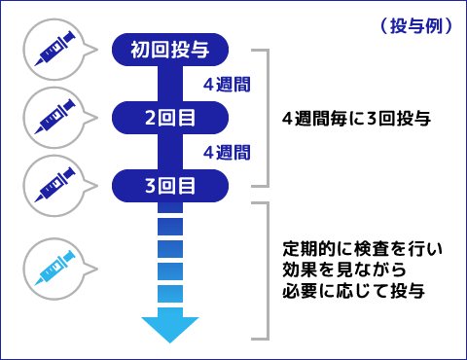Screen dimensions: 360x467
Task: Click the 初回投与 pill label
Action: click(171, 49)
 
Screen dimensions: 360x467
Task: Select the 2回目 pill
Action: click(171, 118)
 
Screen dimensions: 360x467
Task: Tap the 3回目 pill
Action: click(171, 184)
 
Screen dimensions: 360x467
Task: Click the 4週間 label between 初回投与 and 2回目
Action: click(227, 85)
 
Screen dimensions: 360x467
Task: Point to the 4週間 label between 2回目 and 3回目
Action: click(227, 152)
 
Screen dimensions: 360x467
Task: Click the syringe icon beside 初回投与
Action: click(54, 49)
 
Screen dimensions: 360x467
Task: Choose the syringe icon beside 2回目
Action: click(54, 115)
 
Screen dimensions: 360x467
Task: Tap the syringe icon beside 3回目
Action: click(54, 181)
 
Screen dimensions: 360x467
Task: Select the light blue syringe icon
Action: click(54, 267)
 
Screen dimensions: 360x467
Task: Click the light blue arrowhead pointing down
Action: click(170, 327)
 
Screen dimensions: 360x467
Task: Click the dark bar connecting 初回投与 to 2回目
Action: click(170, 84)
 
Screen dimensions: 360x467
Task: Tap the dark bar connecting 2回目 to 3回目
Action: click(170, 151)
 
